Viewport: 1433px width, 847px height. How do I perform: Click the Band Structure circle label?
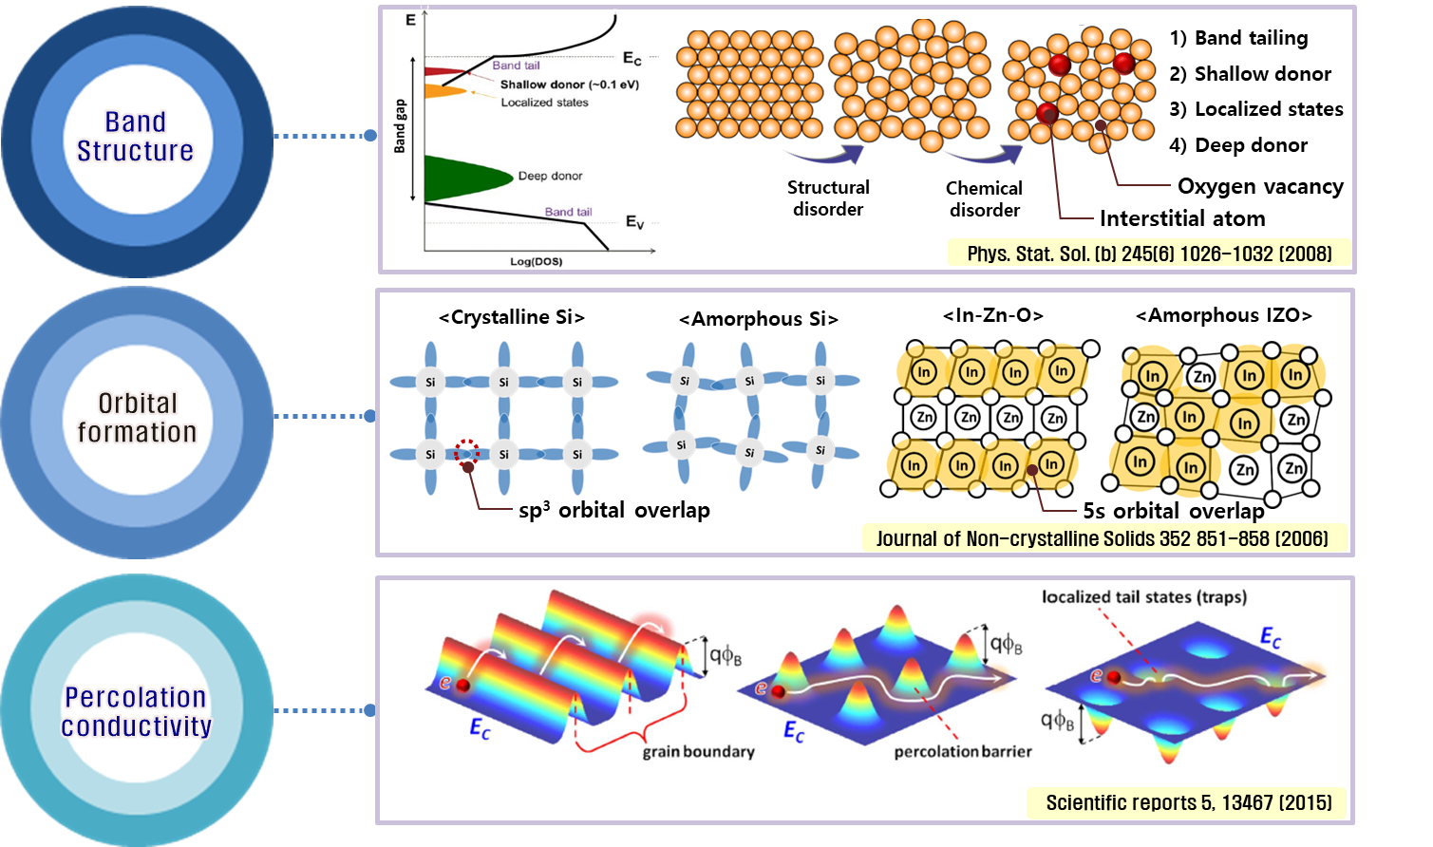click(135, 137)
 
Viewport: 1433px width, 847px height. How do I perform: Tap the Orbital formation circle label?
click(137, 418)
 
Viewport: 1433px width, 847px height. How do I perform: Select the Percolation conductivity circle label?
click(136, 712)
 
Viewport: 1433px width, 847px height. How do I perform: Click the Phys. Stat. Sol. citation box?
click(1149, 254)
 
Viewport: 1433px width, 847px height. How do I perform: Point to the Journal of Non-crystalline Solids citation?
click(1102, 538)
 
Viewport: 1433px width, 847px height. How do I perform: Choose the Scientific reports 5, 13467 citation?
click(1188, 803)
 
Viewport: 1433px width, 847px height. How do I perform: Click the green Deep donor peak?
click(465, 178)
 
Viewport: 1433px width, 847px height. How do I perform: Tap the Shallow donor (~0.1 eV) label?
click(570, 85)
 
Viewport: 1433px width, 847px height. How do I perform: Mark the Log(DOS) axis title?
click(537, 261)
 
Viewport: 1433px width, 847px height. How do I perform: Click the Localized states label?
click(544, 103)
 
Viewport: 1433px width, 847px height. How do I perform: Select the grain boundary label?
click(699, 752)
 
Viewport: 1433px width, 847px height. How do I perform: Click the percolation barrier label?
click(962, 752)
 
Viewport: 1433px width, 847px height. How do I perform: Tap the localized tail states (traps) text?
click(1144, 597)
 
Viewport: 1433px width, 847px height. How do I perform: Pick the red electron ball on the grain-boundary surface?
click(463, 686)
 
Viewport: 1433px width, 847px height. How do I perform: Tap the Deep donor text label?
click(551, 177)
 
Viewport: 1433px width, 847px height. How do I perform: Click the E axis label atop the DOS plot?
click(410, 18)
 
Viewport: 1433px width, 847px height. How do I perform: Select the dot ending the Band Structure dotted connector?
click(370, 136)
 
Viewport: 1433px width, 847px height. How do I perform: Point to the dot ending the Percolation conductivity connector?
click(370, 710)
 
